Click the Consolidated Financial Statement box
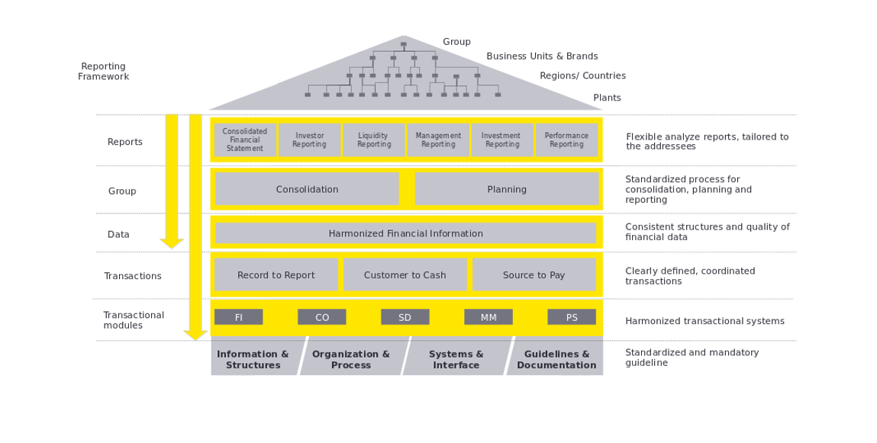pyautogui.click(x=245, y=140)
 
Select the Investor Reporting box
pyautogui.click(x=309, y=140)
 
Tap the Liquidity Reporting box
pyautogui.click(x=373, y=140)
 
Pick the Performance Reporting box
pyautogui.click(x=566, y=140)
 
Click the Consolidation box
pyautogui.click(x=307, y=189)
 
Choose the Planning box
pyautogui.click(x=507, y=189)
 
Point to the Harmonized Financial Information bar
pyautogui.click(x=405, y=233)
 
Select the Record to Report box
pyautogui.click(x=276, y=275)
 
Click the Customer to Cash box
pyautogui.click(x=405, y=275)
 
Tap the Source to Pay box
pyautogui.click(x=534, y=275)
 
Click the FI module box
pyautogui.click(x=239, y=317)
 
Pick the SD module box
pyautogui.click(x=405, y=317)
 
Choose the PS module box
pyautogui.click(x=572, y=317)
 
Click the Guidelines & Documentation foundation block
pyautogui.click(x=556, y=359)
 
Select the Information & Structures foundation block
pyautogui.click(x=253, y=359)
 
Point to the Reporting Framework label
pyautogui.click(x=104, y=72)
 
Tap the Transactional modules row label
pyautogui.click(x=134, y=320)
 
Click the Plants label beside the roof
pyautogui.click(x=607, y=98)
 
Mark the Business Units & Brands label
pyautogui.click(x=542, y=56)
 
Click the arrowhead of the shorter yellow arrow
pyautogui.click(x=172, y=243)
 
